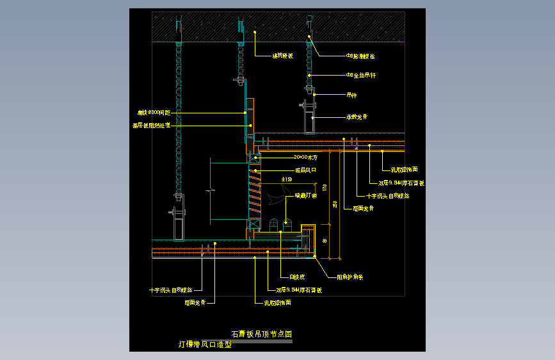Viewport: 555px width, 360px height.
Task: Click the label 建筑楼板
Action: pos(282,56)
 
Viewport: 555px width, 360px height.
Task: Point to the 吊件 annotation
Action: pos(351,95)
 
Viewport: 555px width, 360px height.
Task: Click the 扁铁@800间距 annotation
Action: pos(154,112)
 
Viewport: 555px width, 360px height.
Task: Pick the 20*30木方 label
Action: pos(305,157)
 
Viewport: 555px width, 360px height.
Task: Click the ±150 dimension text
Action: pos(287,179)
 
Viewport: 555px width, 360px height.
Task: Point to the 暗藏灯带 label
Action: pos(305,196)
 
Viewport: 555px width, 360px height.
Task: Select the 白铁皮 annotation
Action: pos(296,277)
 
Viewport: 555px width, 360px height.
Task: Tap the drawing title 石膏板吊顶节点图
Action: pos(261,334)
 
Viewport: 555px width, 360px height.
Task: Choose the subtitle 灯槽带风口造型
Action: pos(204,344)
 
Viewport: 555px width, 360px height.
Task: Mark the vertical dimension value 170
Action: pos(325,188)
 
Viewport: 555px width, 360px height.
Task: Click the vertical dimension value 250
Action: pos(335,204)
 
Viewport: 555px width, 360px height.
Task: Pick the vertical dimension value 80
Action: pos(325,241)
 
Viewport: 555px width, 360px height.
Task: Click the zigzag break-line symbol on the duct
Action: pos(209,190)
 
